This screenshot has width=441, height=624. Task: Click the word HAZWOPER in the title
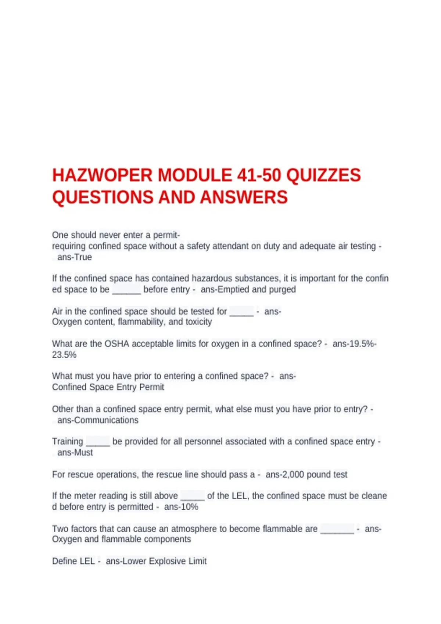click(102, 175)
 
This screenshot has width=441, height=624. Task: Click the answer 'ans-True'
click(75, 257)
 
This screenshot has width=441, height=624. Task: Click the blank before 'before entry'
click(126, 290)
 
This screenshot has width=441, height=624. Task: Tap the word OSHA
click(116, 344)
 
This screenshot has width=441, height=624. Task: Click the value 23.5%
click(64, 355)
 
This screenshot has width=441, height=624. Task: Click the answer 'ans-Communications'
click(98, 420)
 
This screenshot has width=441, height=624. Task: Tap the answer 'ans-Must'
click(75, 453)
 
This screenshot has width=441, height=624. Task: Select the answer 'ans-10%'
click(181, 507)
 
